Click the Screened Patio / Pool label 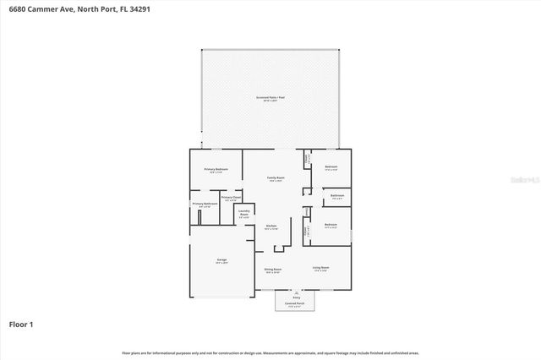[270, 97]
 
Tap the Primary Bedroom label [216, 170]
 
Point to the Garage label [221, 260]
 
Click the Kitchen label [271, 226]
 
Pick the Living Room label [321, 268]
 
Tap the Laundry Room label [243, 214]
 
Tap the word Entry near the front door [296, 297]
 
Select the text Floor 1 [21, 324]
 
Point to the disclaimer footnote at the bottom [270, 352]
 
